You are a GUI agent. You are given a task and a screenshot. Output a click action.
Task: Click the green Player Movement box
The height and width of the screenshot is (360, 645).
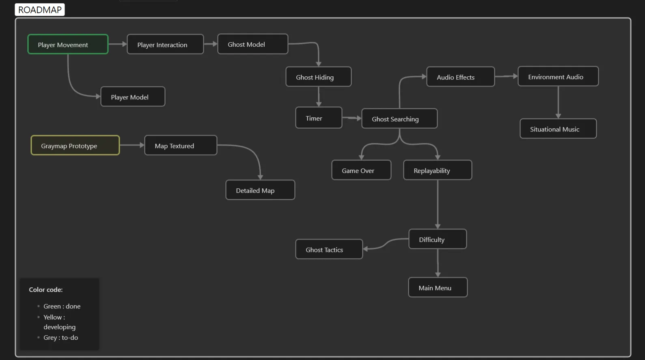click(x=68, y=45)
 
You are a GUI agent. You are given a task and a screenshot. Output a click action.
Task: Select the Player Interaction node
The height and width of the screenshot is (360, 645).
click(x=165, y=45)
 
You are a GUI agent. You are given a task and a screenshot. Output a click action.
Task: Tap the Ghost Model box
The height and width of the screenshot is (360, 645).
click(x=252, y=44)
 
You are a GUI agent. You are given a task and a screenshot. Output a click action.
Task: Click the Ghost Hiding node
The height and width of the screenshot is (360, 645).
click(x=318, y=77)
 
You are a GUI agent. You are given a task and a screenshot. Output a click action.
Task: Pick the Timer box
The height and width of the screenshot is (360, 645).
click(x=319, y=118)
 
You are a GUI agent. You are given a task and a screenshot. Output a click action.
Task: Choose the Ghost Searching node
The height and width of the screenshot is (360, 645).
click(x=399, y=119)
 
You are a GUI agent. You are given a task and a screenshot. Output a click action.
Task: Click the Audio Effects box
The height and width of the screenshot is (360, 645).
click(x=460, y=77)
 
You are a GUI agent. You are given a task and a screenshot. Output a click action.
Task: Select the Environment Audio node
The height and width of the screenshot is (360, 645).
click(x=558, y=77)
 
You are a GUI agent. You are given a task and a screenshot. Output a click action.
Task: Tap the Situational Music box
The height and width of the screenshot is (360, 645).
click(x=558, y=129)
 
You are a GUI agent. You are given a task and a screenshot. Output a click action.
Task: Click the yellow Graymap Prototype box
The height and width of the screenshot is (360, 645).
click(x=75, y=146)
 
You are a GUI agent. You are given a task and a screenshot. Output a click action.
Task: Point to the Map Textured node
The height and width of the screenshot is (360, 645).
click(x=181, y=146)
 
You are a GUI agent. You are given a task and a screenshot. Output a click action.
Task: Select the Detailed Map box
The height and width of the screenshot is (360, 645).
click(x=260, y=190)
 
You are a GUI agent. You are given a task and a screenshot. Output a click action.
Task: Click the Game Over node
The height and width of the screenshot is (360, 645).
click(x=361, y=170)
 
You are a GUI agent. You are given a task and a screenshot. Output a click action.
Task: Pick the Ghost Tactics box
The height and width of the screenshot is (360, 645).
click(x=329, y=250)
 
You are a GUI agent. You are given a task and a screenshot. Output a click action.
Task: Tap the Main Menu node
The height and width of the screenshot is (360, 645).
click(x=438, y=288)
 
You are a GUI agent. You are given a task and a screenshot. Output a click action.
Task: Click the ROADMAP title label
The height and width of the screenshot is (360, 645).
click(x=40, y=10)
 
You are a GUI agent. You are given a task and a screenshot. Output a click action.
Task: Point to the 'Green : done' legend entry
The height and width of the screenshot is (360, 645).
click(x=62, y=306)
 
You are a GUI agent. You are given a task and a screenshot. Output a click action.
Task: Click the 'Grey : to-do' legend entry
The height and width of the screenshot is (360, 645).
click(x=60, y=338)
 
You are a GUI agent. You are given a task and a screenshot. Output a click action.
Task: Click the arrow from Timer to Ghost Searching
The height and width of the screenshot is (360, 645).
click(x=352, y=118)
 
